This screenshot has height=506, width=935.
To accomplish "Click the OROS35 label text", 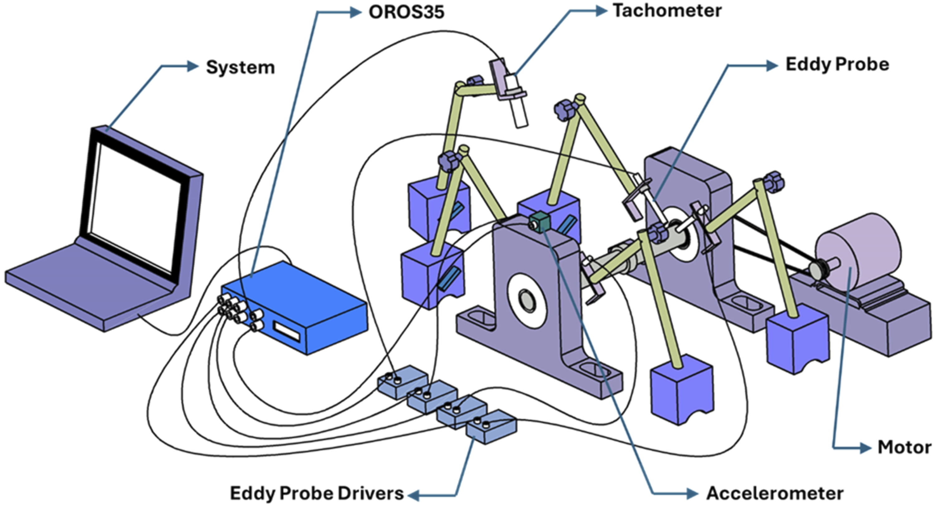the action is (406, 12).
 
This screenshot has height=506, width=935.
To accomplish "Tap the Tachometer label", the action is (667, 11).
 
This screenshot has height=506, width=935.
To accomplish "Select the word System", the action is (240, 67).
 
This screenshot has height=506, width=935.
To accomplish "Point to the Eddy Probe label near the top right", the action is (837, 65).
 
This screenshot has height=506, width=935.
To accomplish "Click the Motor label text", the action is (904, 447).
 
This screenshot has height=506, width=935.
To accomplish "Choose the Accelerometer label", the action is (775, 493).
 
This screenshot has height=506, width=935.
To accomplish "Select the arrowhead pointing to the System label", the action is (193, 66).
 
